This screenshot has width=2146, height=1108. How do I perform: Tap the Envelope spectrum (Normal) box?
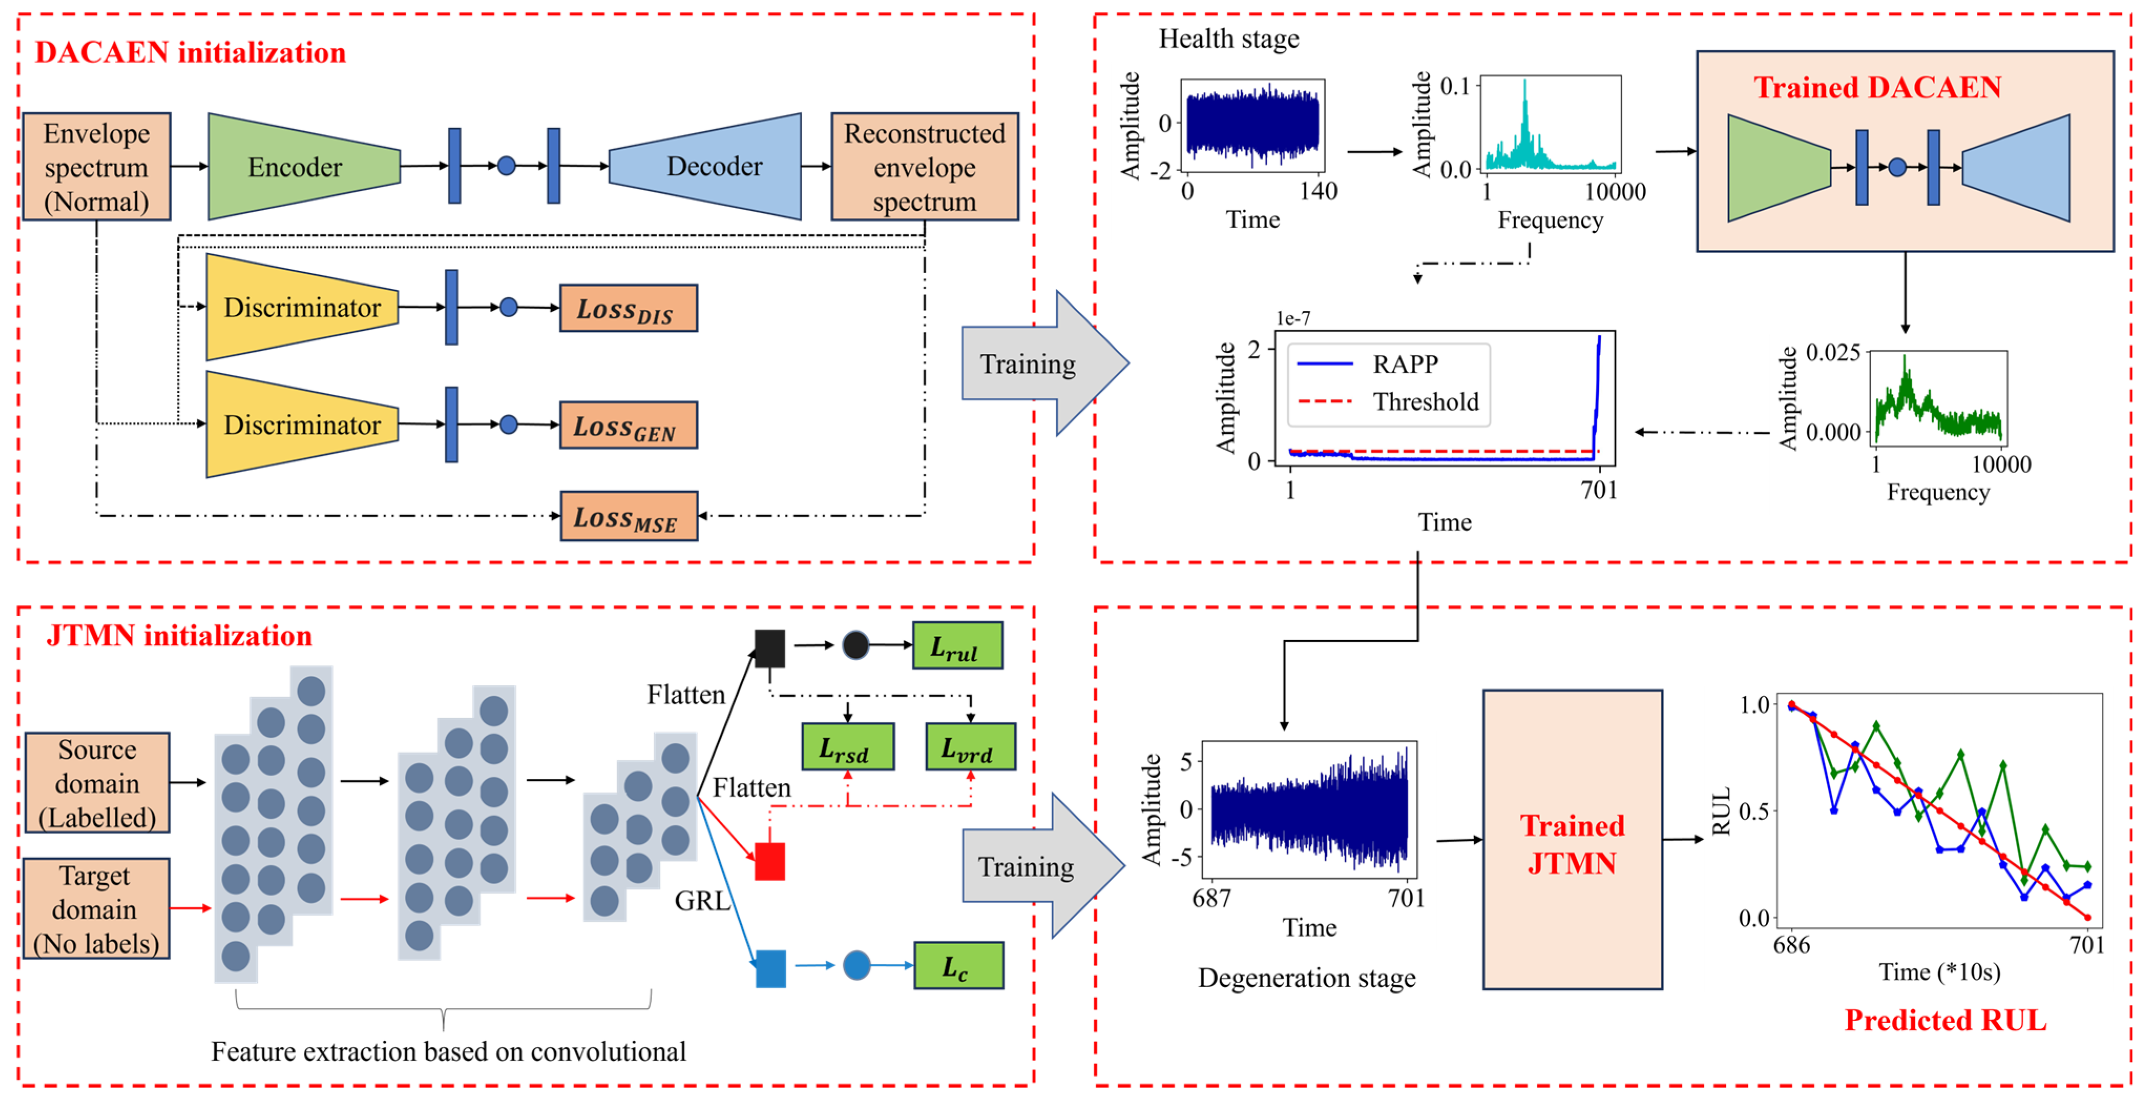[97, 166]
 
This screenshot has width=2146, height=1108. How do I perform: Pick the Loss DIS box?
[628, 308]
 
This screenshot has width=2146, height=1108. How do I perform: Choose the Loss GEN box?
[628, 426]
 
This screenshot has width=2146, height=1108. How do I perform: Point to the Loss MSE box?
[628, 517]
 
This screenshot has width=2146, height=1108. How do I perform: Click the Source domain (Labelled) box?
[97, 783]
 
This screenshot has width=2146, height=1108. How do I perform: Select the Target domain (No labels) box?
[97, 909]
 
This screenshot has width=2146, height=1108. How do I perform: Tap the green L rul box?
[957, 646]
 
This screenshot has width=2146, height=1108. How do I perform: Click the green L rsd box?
[847, 747]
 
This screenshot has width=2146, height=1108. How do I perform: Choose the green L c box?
[958, 966]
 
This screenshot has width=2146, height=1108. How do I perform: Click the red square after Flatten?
[770, 861]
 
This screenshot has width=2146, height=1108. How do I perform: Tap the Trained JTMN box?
[1572, 840]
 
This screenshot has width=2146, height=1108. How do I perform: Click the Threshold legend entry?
[1425, 402]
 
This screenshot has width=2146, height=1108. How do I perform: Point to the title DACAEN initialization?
[190, 53]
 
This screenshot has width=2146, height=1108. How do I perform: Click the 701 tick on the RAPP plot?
[1598, 490]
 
